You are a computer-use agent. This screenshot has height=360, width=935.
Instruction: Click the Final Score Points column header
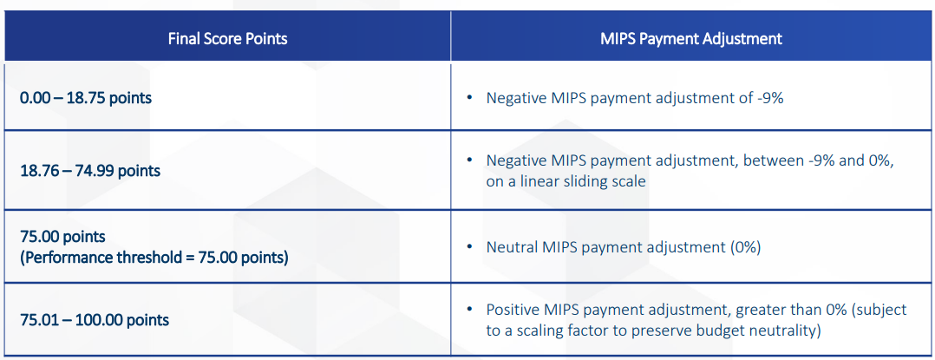[x=228, y=39]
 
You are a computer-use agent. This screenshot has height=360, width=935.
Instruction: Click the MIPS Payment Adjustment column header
[x=691, y=39]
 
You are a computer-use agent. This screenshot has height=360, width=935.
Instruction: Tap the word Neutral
[x=510, y=246]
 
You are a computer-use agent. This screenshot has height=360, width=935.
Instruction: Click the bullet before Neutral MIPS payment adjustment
[x=470, y=246]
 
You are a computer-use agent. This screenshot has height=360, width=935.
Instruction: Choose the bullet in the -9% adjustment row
[x=470, y=98]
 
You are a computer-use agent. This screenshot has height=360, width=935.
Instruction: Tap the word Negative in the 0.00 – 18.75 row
[x=513, y=98]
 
